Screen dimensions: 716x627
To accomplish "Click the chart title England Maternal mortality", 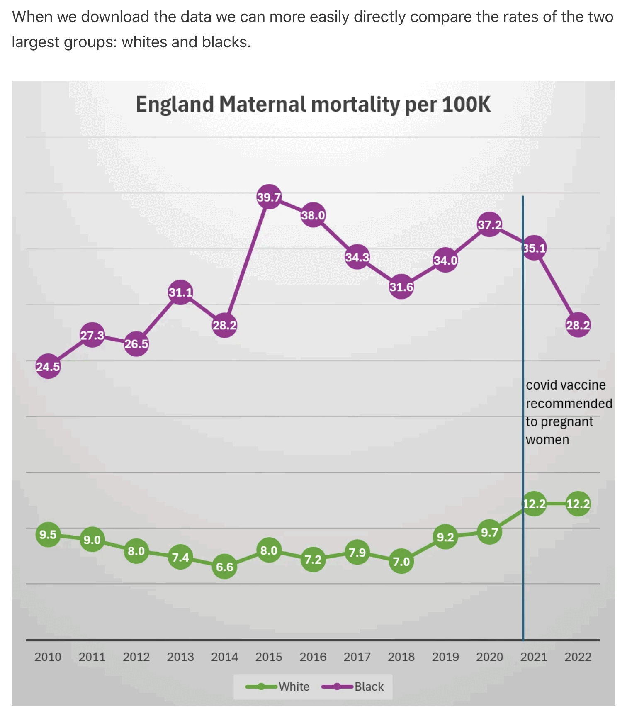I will (313, 104).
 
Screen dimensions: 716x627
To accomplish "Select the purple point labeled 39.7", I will (269, 197).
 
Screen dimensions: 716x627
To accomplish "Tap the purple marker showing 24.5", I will (48, 366).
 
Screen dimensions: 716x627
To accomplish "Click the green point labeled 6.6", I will (224, 567).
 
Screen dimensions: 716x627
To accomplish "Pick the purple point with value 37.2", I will (489, 225).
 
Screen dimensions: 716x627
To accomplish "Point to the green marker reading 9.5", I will (48, 534).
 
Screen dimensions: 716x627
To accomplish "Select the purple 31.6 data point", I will (401, 287).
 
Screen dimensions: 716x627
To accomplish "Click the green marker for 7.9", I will (357, 553).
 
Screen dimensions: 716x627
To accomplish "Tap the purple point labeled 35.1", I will (534, 248).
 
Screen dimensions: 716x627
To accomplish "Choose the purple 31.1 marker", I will (180, 292).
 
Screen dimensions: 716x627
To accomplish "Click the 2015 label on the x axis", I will (269, 657).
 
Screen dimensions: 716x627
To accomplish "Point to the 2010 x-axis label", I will (48, 657).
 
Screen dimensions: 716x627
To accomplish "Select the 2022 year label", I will (578, 657).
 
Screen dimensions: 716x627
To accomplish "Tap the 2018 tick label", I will (401, 657).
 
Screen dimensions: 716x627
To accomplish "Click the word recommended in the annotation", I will (569, 403).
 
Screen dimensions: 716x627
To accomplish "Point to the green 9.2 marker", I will (445, 537).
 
